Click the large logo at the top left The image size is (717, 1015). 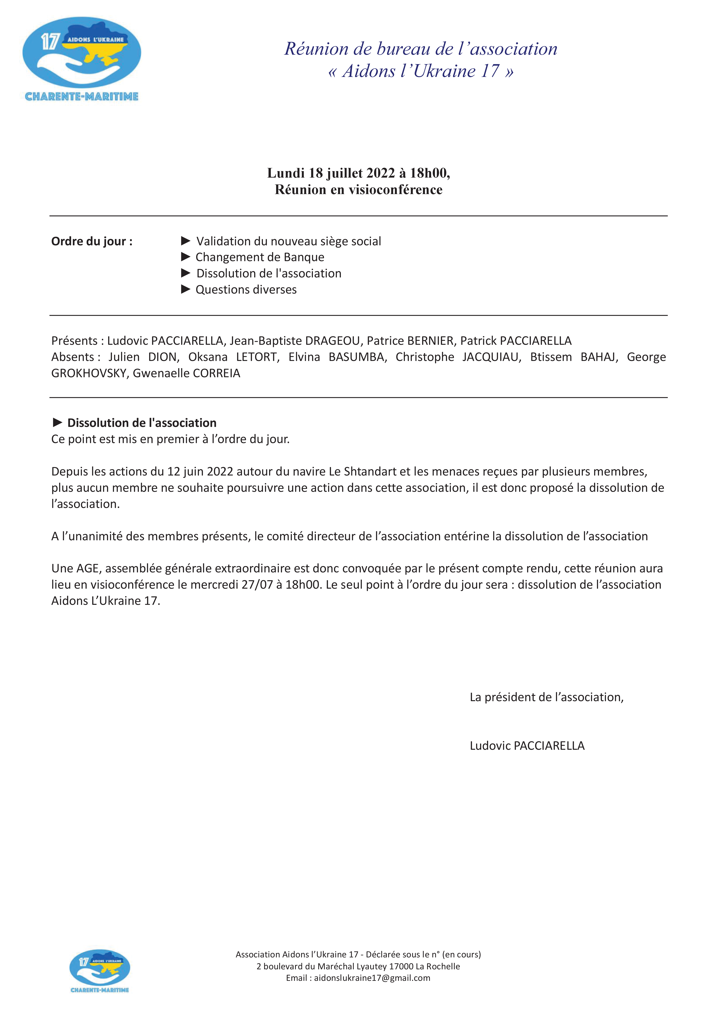tap(82, 59)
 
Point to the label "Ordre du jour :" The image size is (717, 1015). tap(92, 241)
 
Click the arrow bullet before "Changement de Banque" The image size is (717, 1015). tap(186, 257)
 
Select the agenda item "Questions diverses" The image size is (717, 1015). tap(246, 290)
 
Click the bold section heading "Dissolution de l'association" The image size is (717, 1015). tap(141, 423)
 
